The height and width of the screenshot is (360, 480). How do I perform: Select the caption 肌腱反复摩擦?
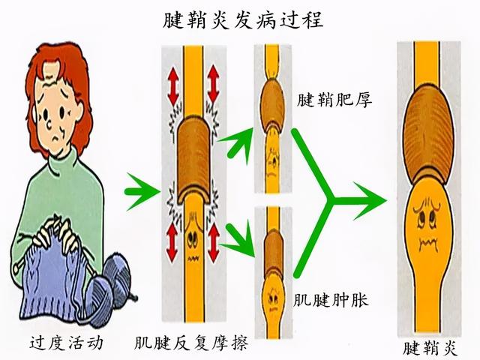(191, 345)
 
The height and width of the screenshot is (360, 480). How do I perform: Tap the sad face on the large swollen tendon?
(428, 226)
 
